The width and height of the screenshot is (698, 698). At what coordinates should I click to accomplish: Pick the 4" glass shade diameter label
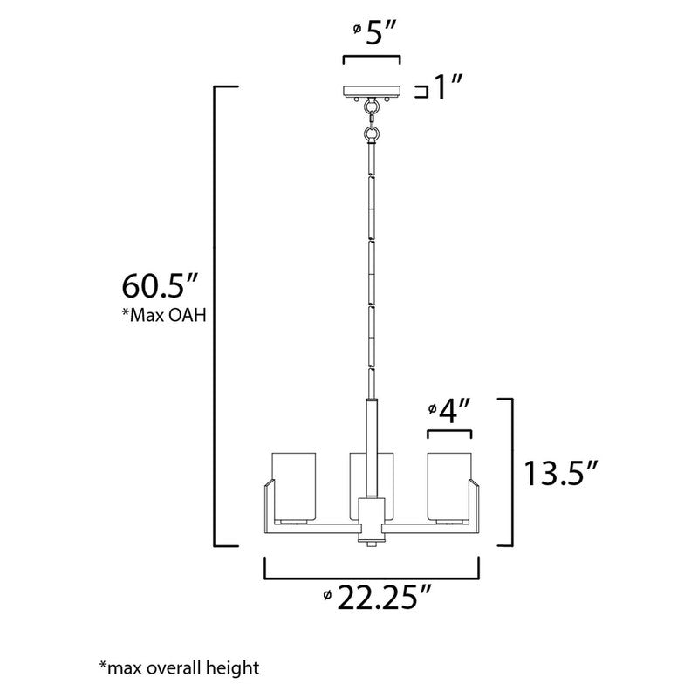click(x=455, y=408)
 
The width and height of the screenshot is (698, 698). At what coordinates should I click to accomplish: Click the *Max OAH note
click(x=163, y=315)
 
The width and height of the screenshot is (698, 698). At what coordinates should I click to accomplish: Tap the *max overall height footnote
click(x=179, y=669)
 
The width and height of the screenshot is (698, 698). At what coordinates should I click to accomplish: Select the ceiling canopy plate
click(x=372, y=90)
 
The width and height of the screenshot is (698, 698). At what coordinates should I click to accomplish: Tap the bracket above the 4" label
click(x=448, y=433)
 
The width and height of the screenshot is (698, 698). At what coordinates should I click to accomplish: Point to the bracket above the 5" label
click(x=372, y=58)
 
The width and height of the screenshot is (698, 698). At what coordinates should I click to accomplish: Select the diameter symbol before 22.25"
click(x=326, y=596)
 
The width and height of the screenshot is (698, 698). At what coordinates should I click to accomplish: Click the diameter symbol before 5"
click(x=358, y=30)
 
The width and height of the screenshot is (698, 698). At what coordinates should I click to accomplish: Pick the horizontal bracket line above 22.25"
click(x=372, y=578)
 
